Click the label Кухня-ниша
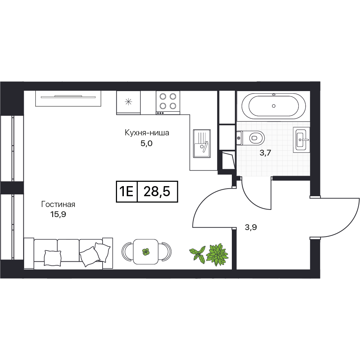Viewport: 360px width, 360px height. [x=147, y=133]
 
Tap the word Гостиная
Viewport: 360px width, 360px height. [x=58, y=204]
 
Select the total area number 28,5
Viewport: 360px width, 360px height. [x=157, y=192]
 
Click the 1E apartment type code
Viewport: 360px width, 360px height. [x=126, y=192]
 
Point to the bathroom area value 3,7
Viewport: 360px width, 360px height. [x=265, y=153]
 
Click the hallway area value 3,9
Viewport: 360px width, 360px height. [x=251, y=227]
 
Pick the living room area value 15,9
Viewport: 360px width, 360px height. [x=58, y=215]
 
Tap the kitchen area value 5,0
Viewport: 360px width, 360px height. [x=147, y=144]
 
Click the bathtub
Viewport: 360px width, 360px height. [x=274, y=106]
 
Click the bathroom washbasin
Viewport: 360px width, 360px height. [x=301, y=140]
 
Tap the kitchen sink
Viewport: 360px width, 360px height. [x=202, y=144]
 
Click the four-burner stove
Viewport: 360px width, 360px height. [x=168, y=103]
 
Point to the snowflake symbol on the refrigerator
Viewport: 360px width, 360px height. [x=129, y=102]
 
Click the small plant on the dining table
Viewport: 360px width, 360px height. [x=146, y=252]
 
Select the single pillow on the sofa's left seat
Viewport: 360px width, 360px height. [x=53, y=258]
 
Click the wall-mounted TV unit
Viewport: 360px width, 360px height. [x=68, y=99]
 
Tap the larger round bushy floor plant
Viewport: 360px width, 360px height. [x=217, y=255]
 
